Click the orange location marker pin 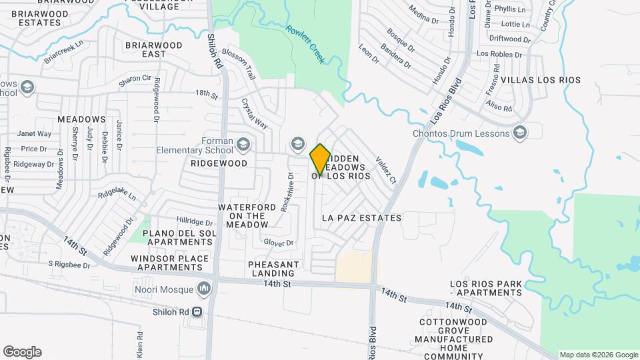pos(320,159)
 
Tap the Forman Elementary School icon pos(244,143)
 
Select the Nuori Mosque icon pos(204,289)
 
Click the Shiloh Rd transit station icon pos(197,312)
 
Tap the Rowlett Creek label pos(305,45)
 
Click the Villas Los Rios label pos(540,80)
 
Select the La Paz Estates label pos(361,218)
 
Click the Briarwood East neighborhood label pos(144,49)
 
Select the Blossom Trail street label pos(239,63)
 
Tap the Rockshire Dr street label pos(287,192)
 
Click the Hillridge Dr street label pos(194,221)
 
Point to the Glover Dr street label pos(278,243)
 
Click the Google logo pos(22,352)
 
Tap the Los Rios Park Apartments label pos(485,289)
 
